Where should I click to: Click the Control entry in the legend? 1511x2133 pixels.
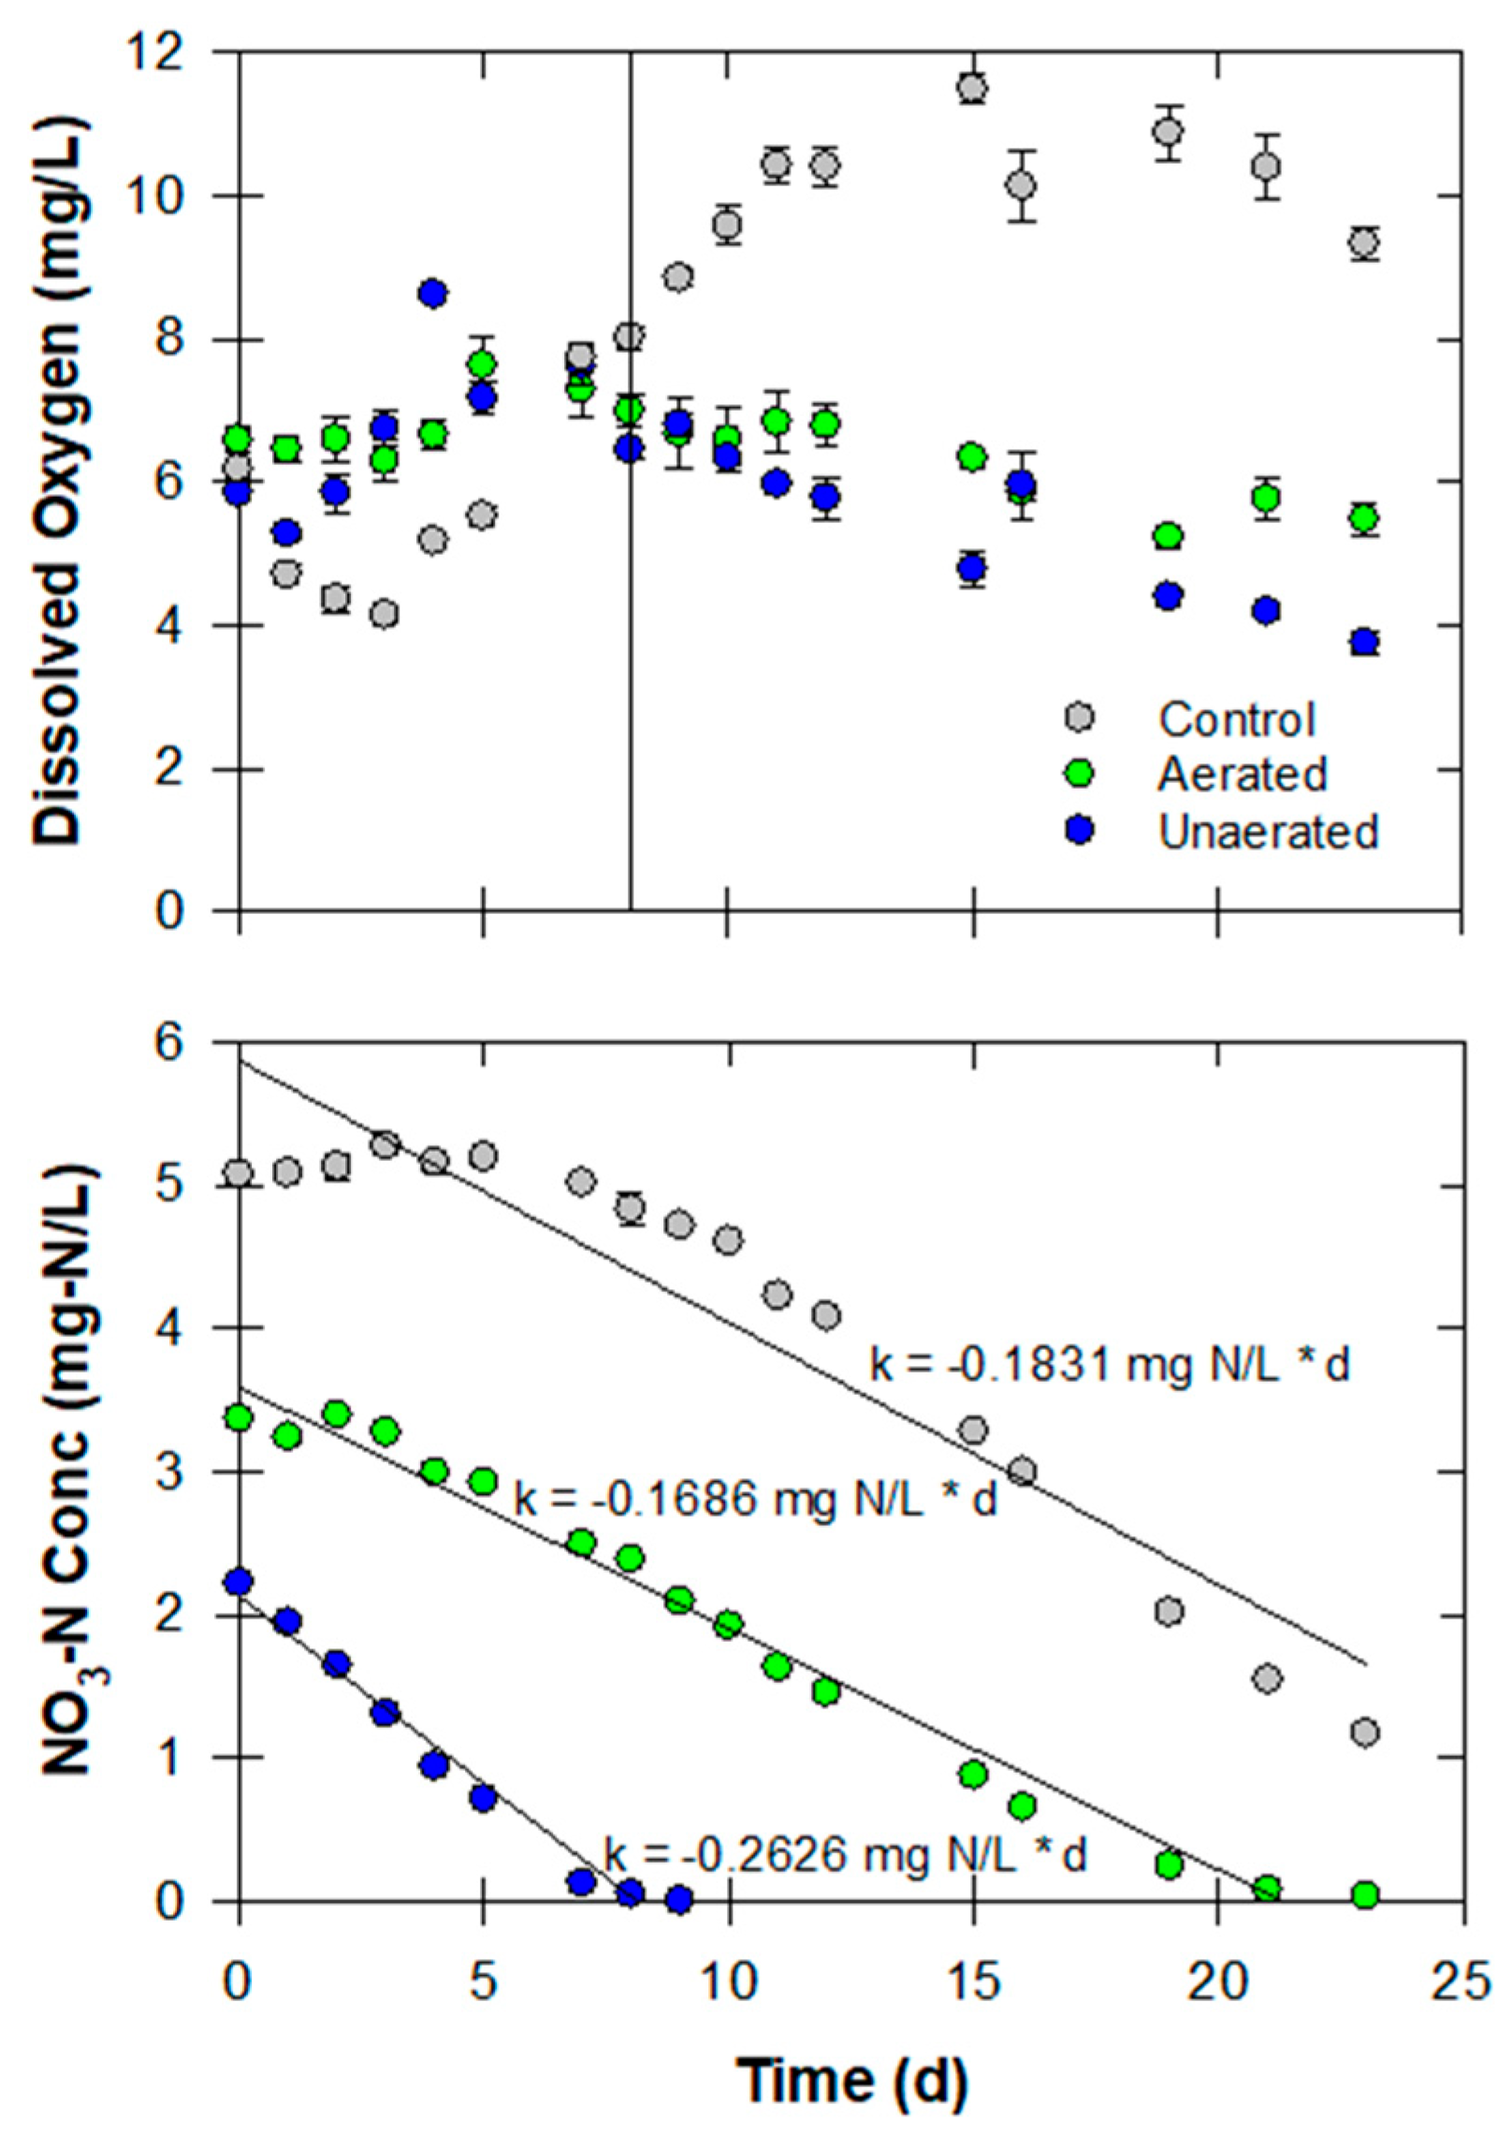point(1236,719)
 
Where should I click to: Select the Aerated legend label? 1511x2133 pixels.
point(1242,775)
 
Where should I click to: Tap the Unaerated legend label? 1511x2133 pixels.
point(1268,831)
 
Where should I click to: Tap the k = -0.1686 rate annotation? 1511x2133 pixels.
point(756,1500)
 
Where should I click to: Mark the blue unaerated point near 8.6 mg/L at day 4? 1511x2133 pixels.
point(433,294)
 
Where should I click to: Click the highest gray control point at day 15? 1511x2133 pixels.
point(973,88)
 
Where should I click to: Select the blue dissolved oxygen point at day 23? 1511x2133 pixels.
point(1365,643)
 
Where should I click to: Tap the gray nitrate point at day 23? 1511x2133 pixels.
point(1365,1733)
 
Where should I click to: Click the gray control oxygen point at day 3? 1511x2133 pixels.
point(385,615)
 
